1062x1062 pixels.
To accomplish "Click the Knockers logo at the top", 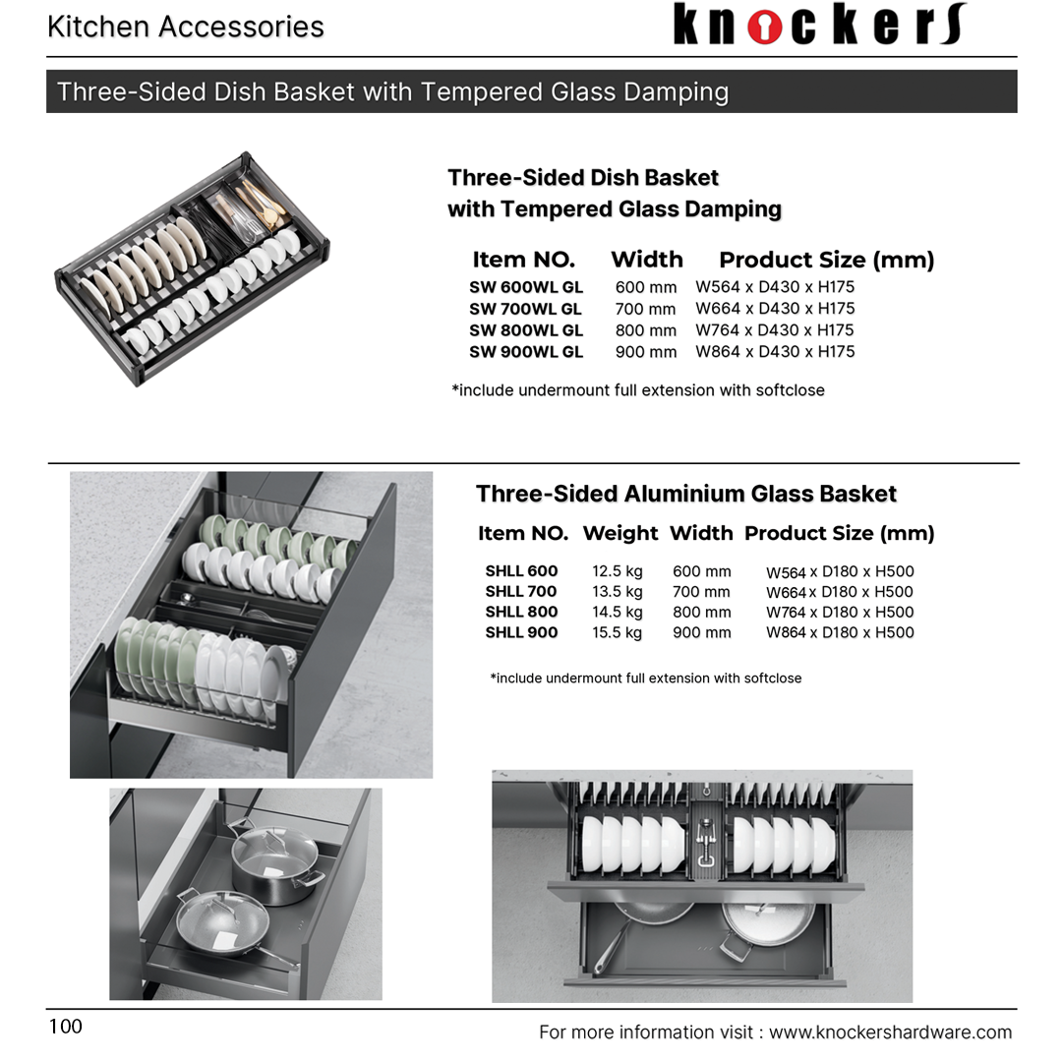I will (819, 25).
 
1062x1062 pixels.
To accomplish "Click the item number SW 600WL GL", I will (526, 287).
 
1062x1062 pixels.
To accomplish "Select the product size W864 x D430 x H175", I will (775, 352).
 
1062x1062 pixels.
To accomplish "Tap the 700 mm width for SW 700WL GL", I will (646, 309).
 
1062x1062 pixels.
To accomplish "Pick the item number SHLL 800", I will (521, 612).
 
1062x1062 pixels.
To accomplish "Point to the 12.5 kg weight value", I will (618, 571).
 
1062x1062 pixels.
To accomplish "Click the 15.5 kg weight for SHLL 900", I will (618, 633).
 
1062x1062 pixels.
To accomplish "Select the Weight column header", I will (620, 533).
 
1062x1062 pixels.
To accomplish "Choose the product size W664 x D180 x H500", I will (840, 592).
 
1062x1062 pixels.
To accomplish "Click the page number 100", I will (66, 1027).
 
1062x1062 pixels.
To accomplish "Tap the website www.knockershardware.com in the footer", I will (890, 1032).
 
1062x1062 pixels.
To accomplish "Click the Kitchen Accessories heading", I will (186, 27).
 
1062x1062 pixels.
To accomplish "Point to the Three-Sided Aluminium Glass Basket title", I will (686, 494).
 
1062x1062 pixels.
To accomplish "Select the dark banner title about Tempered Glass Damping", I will (393, 91).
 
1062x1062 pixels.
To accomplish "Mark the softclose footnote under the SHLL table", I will (646, 678).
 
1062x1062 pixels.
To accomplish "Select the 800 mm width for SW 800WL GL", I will (646, 330).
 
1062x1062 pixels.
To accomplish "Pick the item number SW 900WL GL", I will (526, 352).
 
